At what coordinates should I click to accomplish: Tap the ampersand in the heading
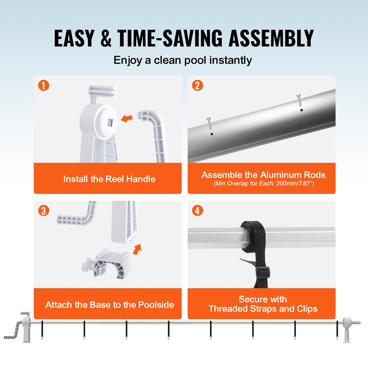tap(106, 39)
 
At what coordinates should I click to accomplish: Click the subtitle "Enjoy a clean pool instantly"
tap(183, 60)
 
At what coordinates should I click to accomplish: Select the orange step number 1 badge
tap(44, 85)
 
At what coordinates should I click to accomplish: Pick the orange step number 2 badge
tap(197, 85)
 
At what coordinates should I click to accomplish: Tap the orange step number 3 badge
tap(44, 211)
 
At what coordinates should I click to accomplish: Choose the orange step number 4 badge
tap(197, 211)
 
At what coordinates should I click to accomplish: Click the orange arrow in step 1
tap(127, 118)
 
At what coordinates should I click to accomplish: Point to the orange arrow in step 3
tap(137, 249)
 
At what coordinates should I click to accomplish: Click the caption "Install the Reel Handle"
tap(109, 179)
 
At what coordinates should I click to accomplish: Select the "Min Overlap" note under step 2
tap(264, 184)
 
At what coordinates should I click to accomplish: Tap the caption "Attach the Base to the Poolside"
tap(110, 305)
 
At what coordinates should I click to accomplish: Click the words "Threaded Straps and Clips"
tap(263, 309)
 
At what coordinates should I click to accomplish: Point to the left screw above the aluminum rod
tap(209, 123)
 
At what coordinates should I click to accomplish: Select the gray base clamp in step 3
tap(107, 264)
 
